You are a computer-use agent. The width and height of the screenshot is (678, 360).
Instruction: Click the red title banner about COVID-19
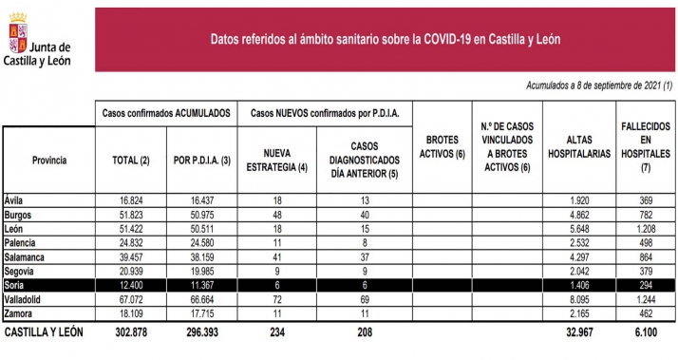[x=384, y=39]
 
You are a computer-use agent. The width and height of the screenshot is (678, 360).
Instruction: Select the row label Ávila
[x=17, y=201]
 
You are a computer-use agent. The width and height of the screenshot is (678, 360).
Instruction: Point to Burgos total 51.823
[x=132, y=216]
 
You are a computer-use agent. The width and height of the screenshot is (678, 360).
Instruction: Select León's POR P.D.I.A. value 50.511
[x=198, y=229]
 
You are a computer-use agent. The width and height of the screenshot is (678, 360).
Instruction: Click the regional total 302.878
[x=131, y=332]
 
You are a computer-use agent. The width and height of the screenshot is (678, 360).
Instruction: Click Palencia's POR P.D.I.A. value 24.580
[x=198, y=243]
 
